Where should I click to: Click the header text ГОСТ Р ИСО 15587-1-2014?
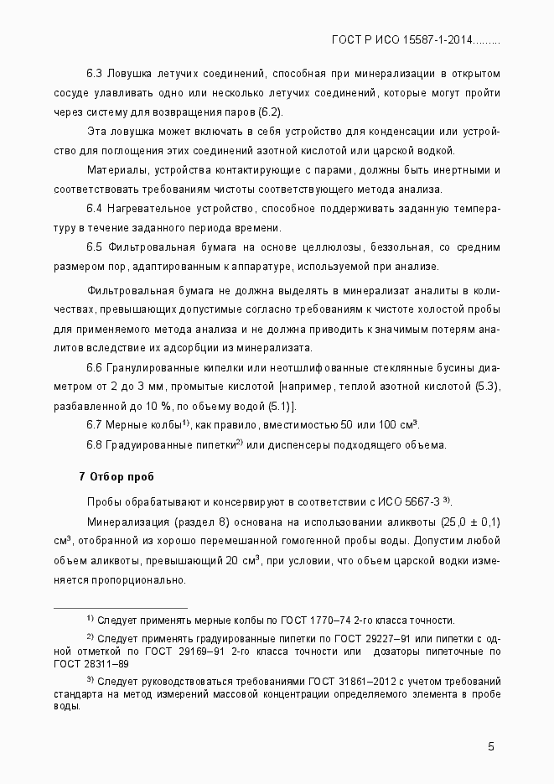403,39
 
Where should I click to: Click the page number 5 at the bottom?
491,747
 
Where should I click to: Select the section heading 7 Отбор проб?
116,477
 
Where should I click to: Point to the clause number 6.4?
94,208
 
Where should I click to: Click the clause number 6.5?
94,247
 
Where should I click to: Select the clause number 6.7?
94,425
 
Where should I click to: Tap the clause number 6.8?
94,444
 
